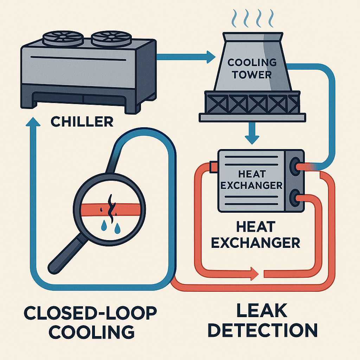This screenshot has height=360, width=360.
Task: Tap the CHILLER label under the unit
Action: (x=82, y=122)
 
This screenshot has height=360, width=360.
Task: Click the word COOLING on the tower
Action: (x=252, y=63)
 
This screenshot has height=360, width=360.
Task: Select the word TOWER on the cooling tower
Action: (x=252, y=75)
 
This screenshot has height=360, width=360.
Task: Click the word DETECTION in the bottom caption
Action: (x=265, y=330)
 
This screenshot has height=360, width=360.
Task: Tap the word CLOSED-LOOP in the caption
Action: (x=91, y=312)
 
